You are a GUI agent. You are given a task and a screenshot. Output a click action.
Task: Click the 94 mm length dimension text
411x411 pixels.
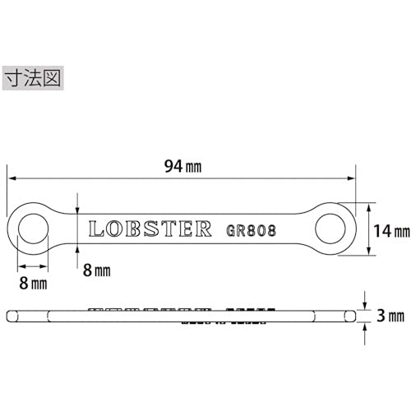click(182, 166)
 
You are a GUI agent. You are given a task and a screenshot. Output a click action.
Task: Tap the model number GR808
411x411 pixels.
click(250, 229)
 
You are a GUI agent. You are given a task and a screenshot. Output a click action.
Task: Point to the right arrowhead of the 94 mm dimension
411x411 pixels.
click(354, 176)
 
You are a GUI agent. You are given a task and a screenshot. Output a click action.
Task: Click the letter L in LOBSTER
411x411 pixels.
click(94, 229)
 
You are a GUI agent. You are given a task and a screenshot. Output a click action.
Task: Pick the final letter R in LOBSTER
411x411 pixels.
click(203, 229)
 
